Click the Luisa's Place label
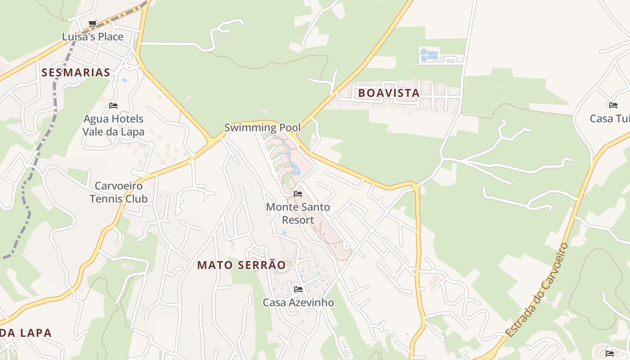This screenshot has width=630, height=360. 92,37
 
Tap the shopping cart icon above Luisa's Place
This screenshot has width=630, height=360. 92,23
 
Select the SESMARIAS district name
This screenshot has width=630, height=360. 76,72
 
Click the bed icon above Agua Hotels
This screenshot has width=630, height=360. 113,106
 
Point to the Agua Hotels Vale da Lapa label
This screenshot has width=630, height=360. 113,126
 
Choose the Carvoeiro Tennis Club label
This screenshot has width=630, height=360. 118,192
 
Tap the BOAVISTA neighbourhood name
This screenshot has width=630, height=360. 389,93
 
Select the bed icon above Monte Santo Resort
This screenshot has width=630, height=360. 297,194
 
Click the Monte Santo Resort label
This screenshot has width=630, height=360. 297,214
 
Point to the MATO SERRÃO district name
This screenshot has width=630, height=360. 241,265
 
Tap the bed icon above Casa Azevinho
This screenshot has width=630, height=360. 298,289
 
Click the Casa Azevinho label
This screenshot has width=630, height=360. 298,302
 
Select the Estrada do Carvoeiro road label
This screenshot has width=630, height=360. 537,290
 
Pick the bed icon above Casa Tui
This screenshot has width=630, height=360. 613,105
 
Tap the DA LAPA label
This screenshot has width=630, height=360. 26,333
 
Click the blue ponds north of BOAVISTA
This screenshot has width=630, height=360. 428,55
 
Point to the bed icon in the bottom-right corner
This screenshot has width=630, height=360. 610,353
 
